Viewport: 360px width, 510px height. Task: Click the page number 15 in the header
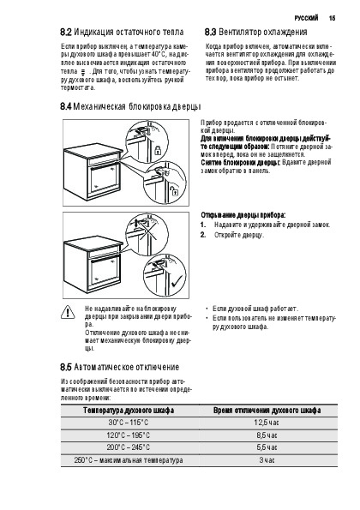click(x=332, y=18)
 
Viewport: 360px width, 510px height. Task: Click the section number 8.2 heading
click(x=66, y=33)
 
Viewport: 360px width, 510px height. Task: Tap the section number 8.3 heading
click(x=210, y=33)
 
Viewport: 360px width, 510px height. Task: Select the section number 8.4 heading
click(x=66, y=106)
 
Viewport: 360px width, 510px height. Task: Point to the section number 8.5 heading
click(x=66, y=367)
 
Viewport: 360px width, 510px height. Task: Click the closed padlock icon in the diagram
click(x=158, y=150)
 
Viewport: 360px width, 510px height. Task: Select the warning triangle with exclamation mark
click(x=68, y=312)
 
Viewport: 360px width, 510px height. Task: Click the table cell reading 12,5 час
click(x=267, y=423)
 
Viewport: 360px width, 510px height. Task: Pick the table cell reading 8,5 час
click(x=267, y=435)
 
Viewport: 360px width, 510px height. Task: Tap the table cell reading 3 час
click(x=267, y=460)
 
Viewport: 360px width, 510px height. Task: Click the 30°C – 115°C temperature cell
click(x=128, y=423)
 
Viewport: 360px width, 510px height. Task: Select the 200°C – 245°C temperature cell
click(x=128, y=447)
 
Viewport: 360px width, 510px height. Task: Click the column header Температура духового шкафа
click(x=129, y=411)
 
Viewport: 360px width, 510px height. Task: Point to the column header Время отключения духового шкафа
click(x=267, y=411)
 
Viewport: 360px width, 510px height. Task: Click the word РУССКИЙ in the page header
click(x=306, y=18)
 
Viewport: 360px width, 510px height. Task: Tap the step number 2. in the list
click(x=203, y=235)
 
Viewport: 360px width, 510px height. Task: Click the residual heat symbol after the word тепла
click(x=82, y=72)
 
